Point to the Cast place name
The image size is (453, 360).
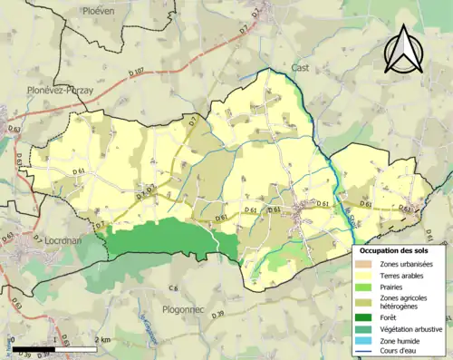(301, 67)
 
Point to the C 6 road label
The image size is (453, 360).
(173, 287)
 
